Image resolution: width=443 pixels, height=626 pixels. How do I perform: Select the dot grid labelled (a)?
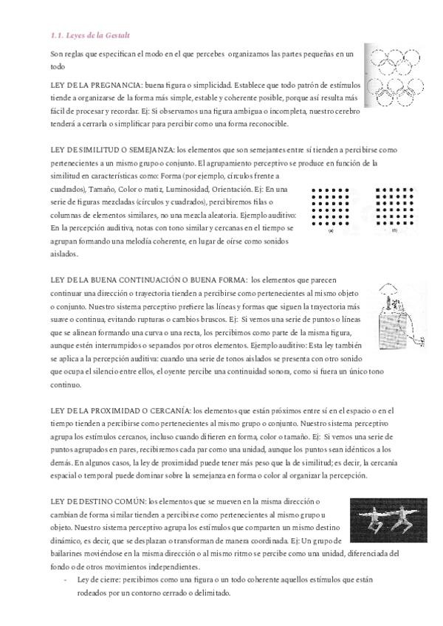tap(331, 207)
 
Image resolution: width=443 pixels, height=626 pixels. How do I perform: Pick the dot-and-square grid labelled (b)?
tap(394, 207)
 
